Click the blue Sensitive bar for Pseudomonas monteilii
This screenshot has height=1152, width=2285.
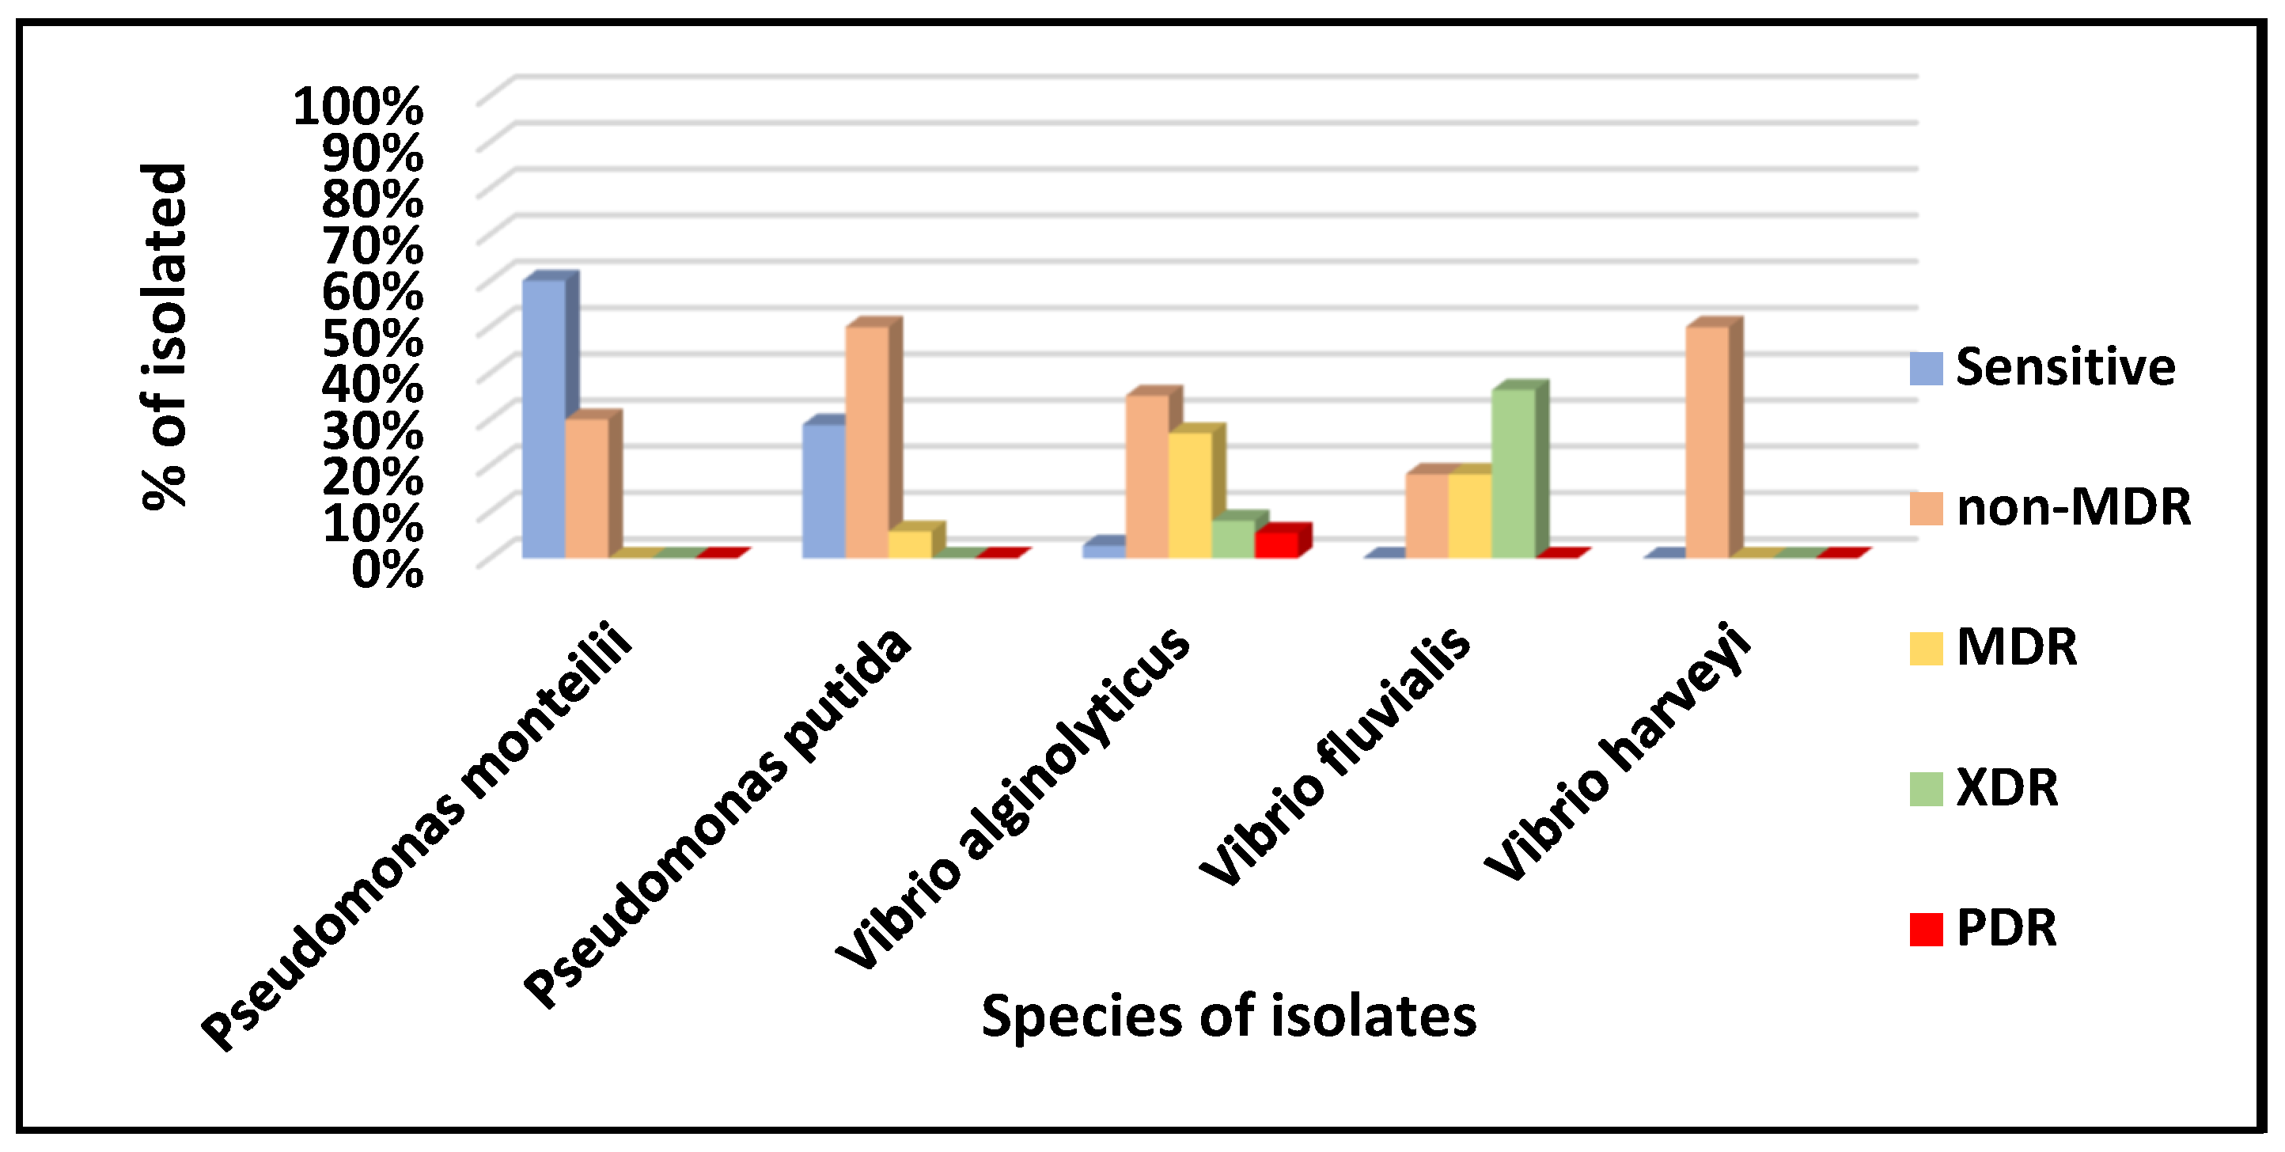[x=543, y=418]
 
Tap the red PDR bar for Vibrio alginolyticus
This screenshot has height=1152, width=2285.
[x=1276, y=544]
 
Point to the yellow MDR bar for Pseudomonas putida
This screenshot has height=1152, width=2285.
[x=910, y=544]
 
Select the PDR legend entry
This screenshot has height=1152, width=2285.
[x=2006, y=929]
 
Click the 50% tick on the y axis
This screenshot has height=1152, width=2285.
[x=373, y=338]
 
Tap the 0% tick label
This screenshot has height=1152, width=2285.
[x=387, y=570]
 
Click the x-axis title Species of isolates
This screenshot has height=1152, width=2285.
[x=1229, y=1015]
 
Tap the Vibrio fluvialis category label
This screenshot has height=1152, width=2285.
[x=1335, y=755]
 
